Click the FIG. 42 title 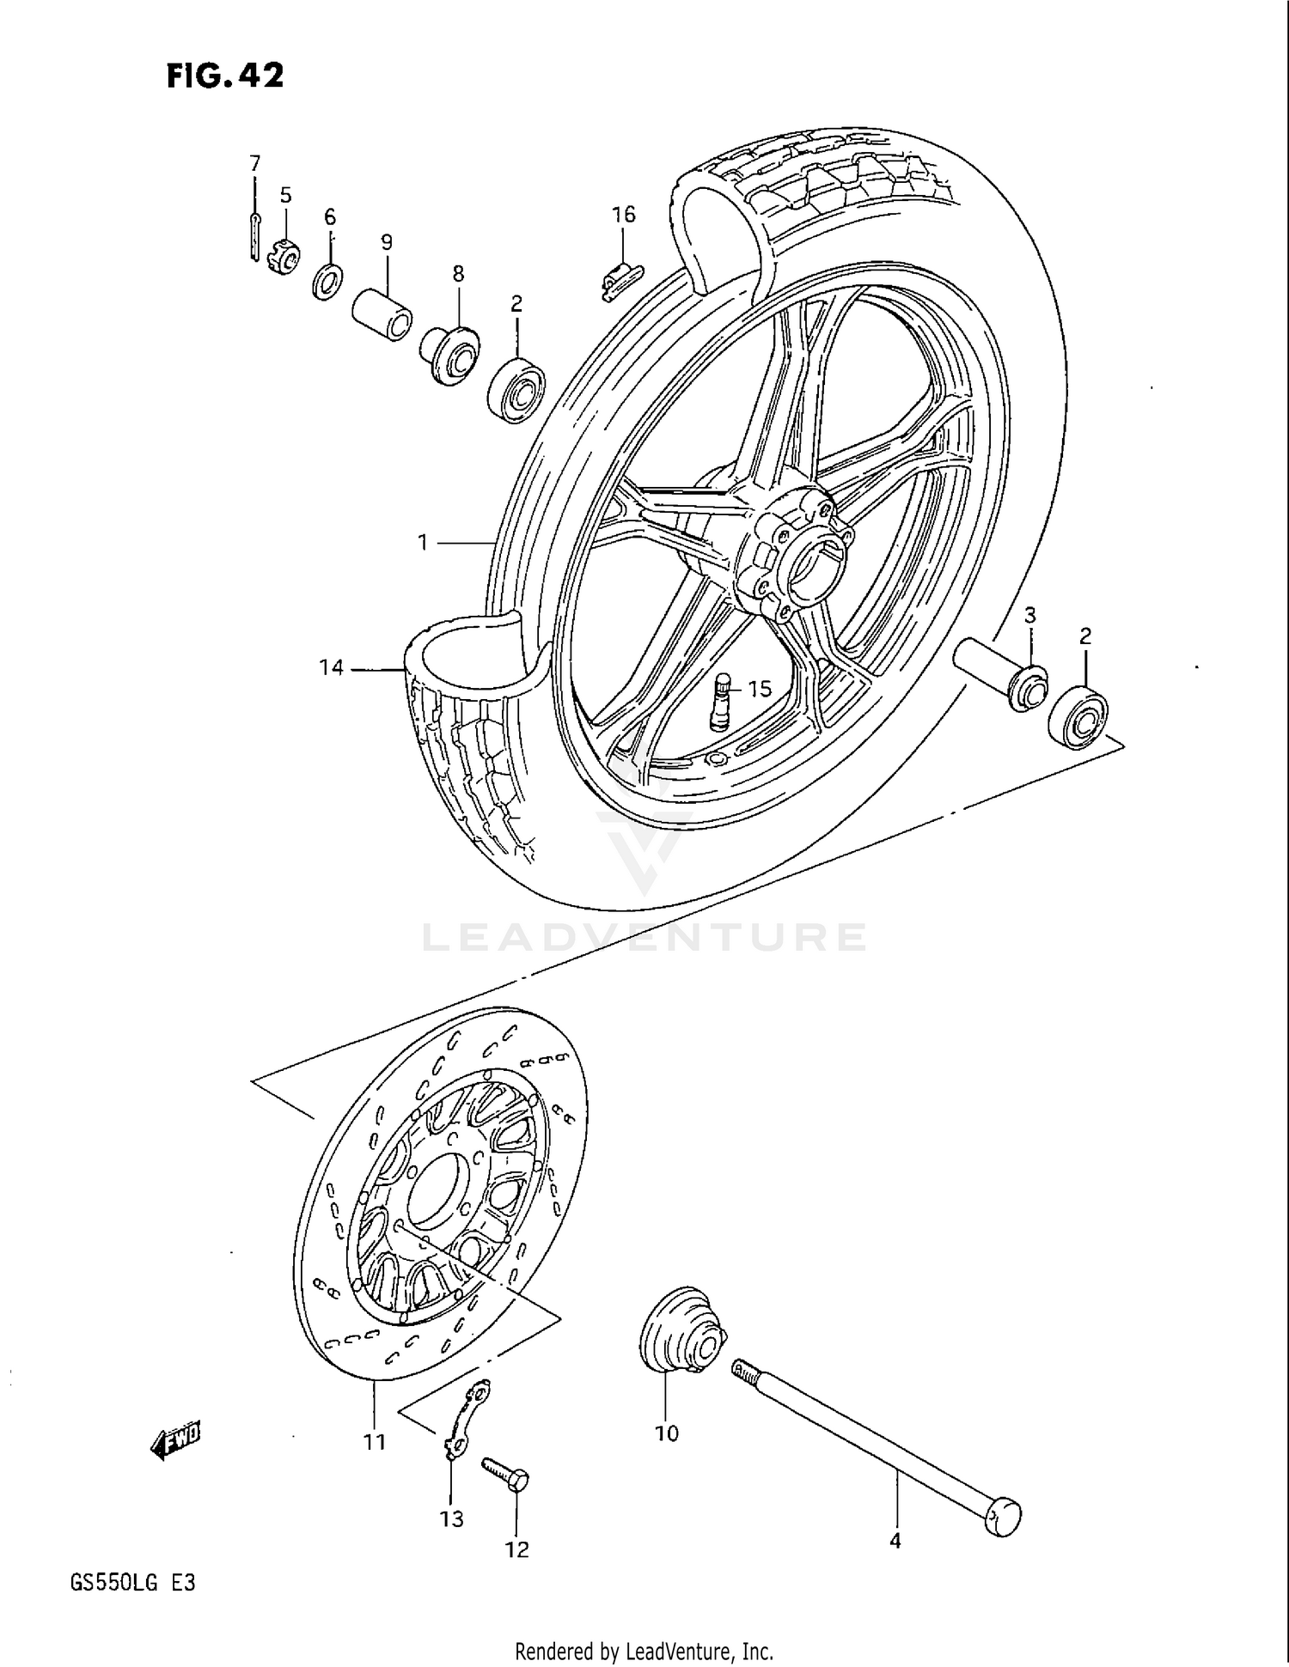coord(224,76)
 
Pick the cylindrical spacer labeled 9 coord(382,315)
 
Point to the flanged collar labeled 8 coord(449,355)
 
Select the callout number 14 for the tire coord(332,667)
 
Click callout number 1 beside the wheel coord(423,543)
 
